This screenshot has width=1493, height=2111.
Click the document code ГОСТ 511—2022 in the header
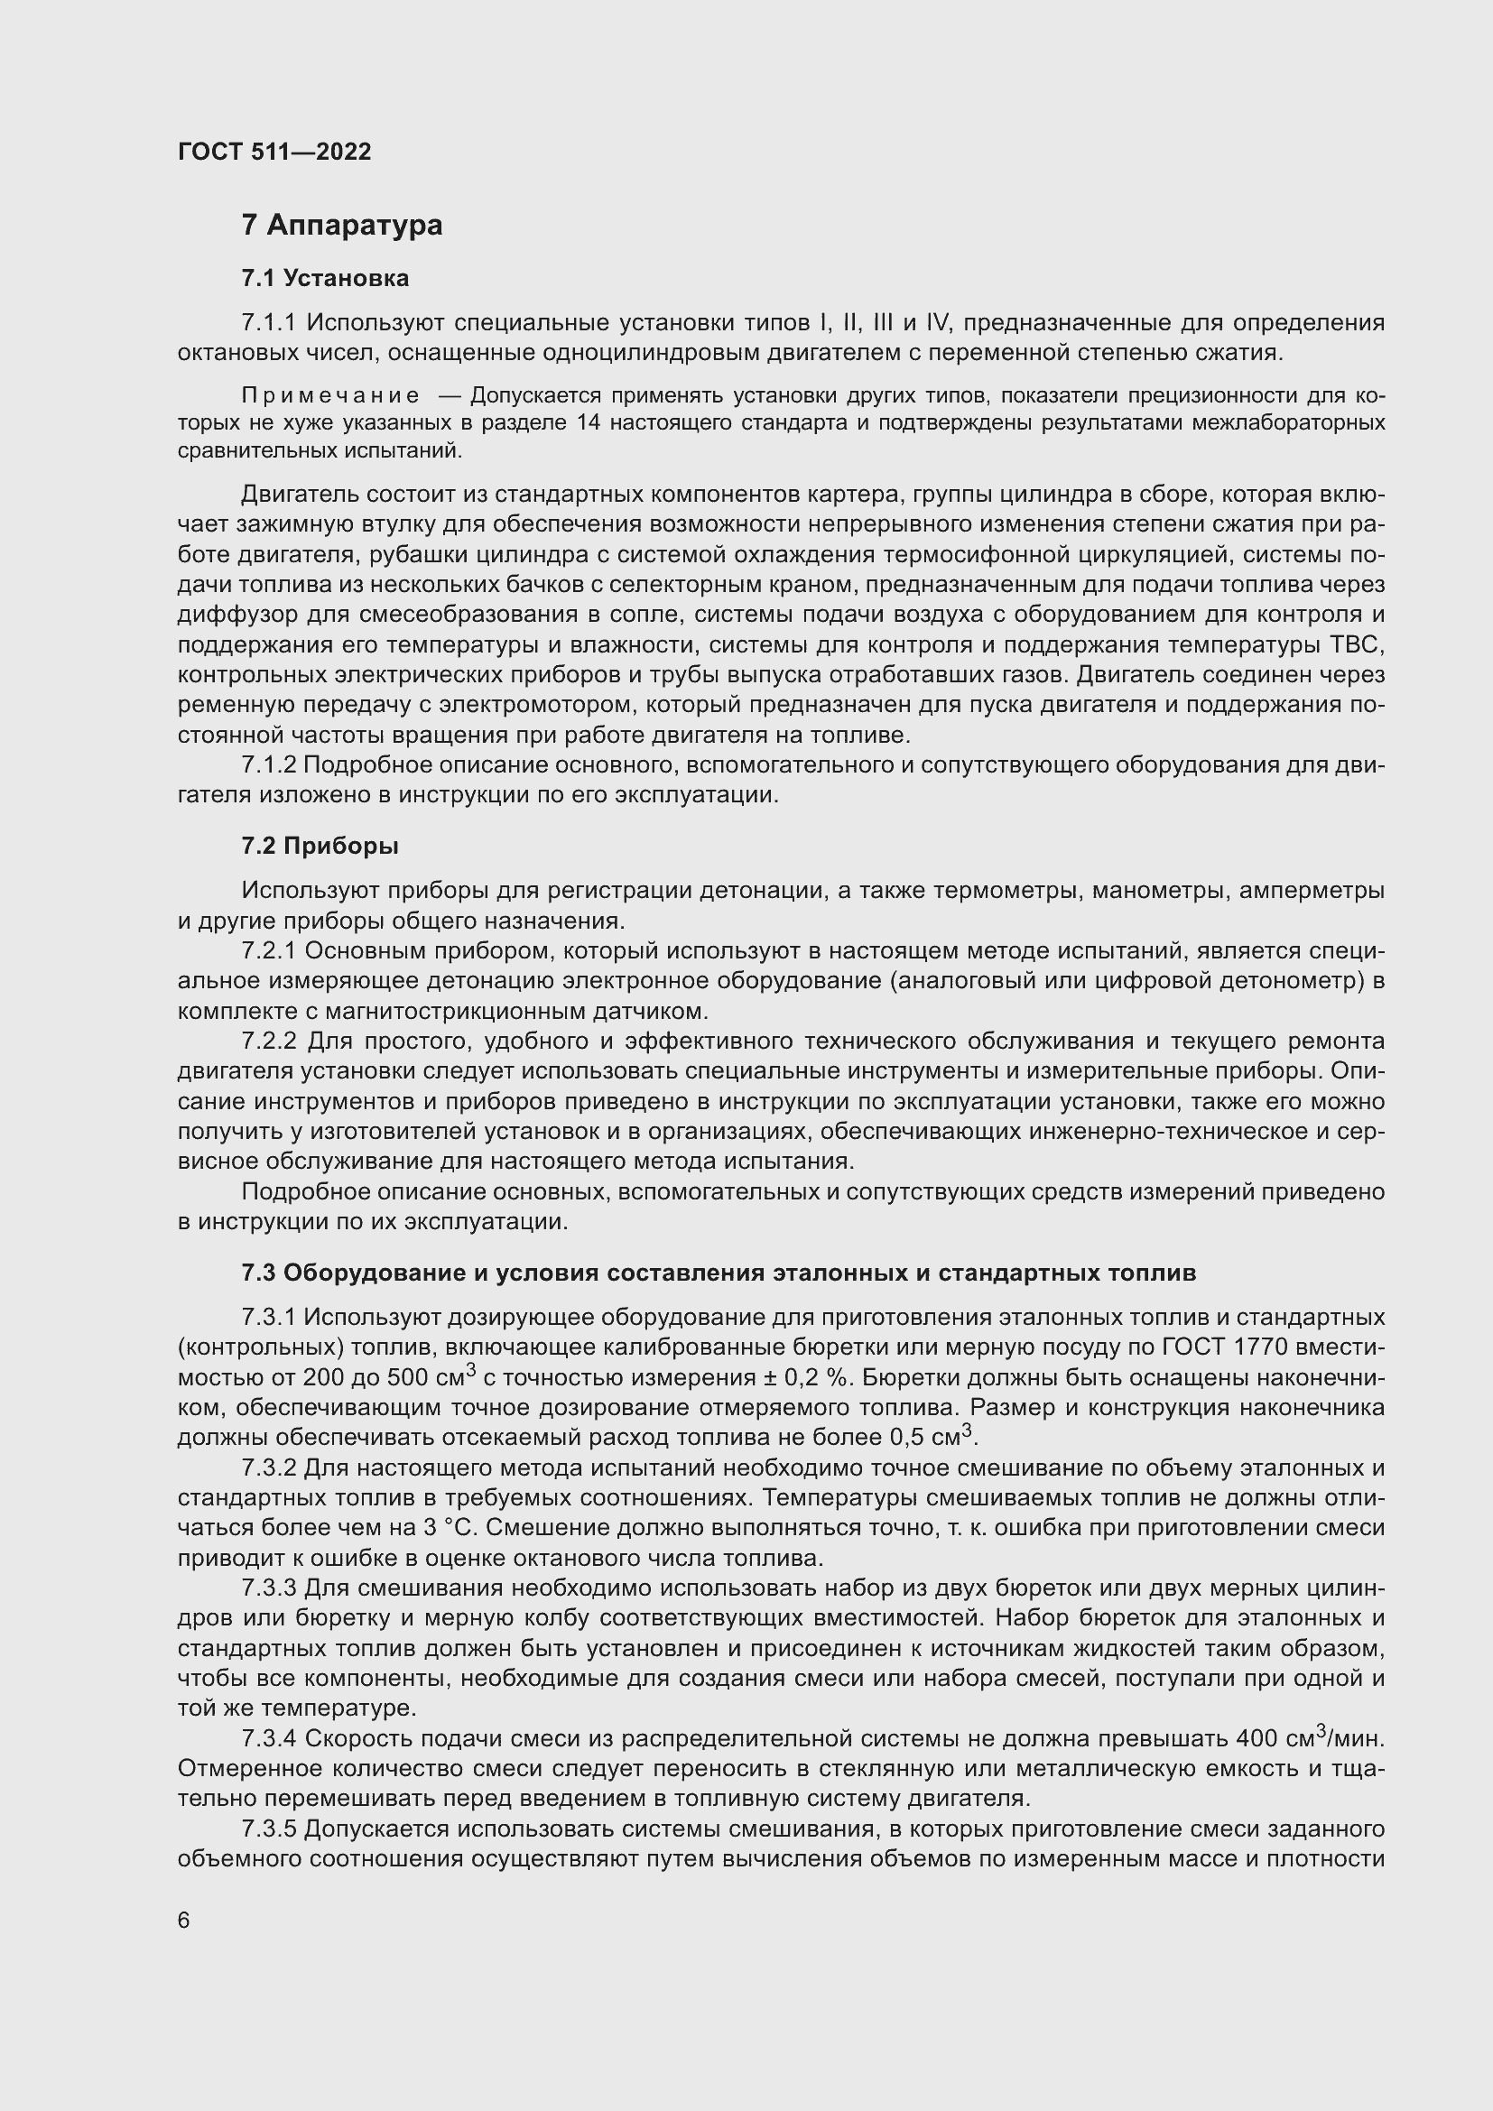point(274,152)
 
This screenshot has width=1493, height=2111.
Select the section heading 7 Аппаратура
point(342,226)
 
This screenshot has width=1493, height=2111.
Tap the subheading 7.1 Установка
point(326,278)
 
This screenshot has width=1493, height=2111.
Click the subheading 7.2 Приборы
point(320,846)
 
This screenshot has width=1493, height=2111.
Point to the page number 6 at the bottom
point(184,1920)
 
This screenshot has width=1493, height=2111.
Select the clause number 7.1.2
point(268,765)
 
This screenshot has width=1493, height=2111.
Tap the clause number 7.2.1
point(268,950)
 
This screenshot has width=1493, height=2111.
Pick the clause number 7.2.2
point(268,1042)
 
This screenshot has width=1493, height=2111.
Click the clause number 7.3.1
point(268,1318)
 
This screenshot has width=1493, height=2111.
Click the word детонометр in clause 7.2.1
point(1288,981)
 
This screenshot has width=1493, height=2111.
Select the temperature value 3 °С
point(445,1527)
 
